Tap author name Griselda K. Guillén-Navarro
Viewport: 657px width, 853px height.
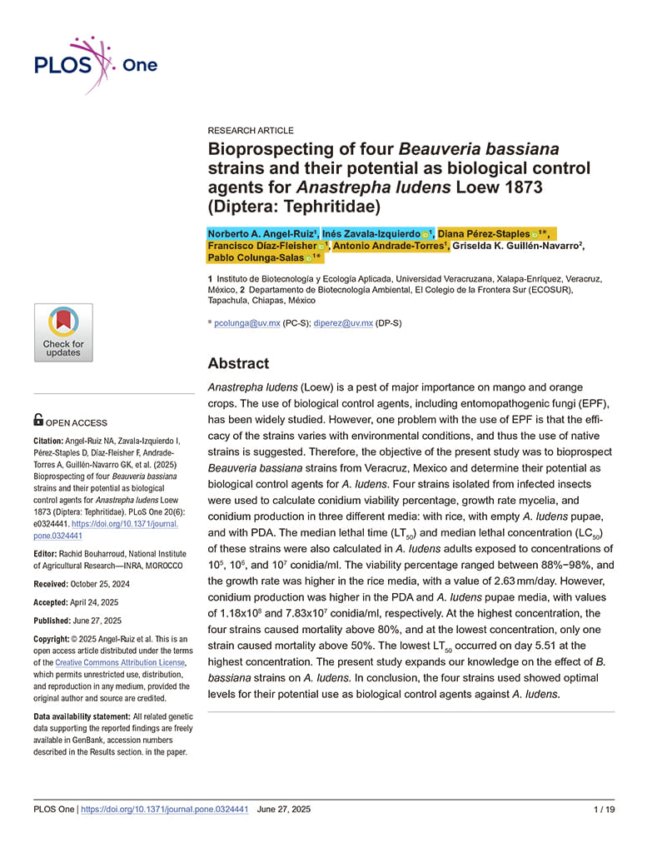[517, 247]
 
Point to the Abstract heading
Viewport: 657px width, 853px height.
[238, 363]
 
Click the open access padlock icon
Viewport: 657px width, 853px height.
[39, 421]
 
